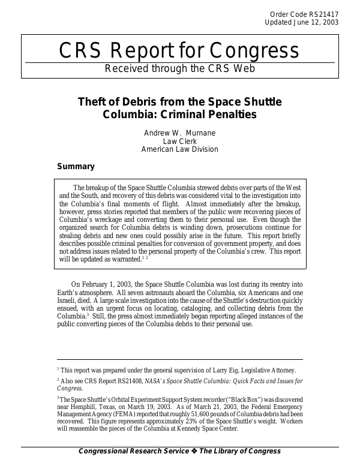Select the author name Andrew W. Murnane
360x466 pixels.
coord(179,133)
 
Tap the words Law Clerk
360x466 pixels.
coord(179,141)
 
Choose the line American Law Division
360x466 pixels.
coord(179,149)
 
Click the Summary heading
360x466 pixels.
coord(75,166)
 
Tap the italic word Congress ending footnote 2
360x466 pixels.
coord(69,388)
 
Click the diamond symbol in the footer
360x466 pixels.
coord(194,451)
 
